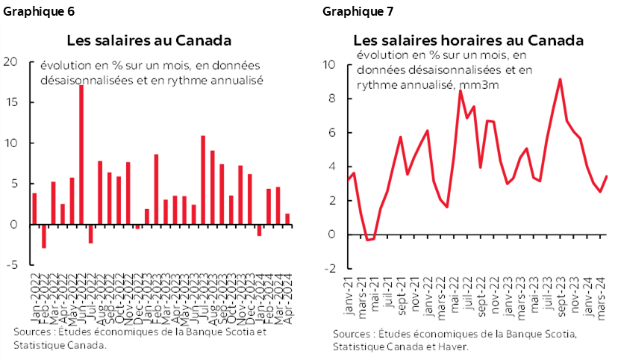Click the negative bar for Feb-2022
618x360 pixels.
point(44,236)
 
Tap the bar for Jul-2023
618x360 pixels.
point(203,179)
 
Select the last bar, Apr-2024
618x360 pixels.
point(287,219)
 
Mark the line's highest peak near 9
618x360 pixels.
point(560,79)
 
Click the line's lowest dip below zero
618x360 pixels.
point(368,240)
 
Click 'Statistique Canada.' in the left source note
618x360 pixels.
point(60,345)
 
